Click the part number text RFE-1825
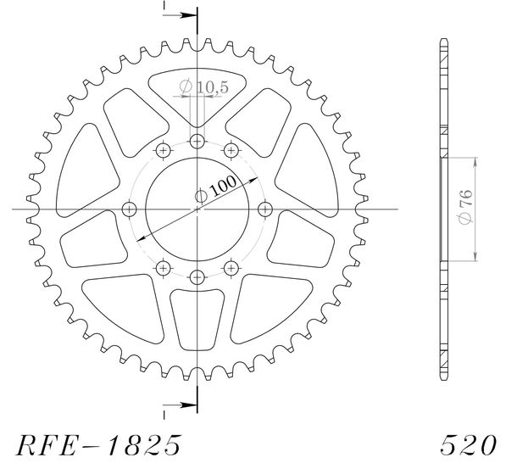[x=98, y=445]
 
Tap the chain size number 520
[x=468, y=445]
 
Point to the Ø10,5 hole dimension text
[x=203, y=87]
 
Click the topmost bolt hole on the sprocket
[x=197, y=142]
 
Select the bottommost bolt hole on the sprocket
[x=197, y=277]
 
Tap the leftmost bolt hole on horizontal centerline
[x=129, y=209]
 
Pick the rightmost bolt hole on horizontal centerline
[x=264, y=209]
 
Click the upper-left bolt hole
[x=164, y=151]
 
